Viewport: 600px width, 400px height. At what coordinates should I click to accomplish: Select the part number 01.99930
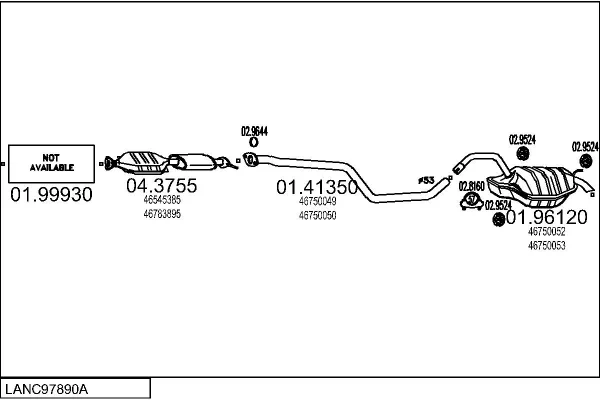coord(51,194)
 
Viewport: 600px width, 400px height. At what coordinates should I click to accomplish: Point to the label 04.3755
coord(161,186)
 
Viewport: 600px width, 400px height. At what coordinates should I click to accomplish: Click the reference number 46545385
coord(161,200)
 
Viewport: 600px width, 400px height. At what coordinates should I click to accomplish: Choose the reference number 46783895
coord(161,213)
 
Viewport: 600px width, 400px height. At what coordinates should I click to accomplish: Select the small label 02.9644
coord(254,131)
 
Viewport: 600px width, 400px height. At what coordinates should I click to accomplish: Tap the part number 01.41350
coord(317,186)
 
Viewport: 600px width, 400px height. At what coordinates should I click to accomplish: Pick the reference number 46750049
coord(317,201)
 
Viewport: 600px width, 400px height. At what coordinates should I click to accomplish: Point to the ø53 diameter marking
coord(425,180)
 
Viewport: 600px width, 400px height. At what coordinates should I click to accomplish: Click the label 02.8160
coord(471,185)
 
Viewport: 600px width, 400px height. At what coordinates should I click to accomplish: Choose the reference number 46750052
coord(546,231)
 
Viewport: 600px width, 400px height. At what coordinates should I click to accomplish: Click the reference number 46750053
coord(546,244)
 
